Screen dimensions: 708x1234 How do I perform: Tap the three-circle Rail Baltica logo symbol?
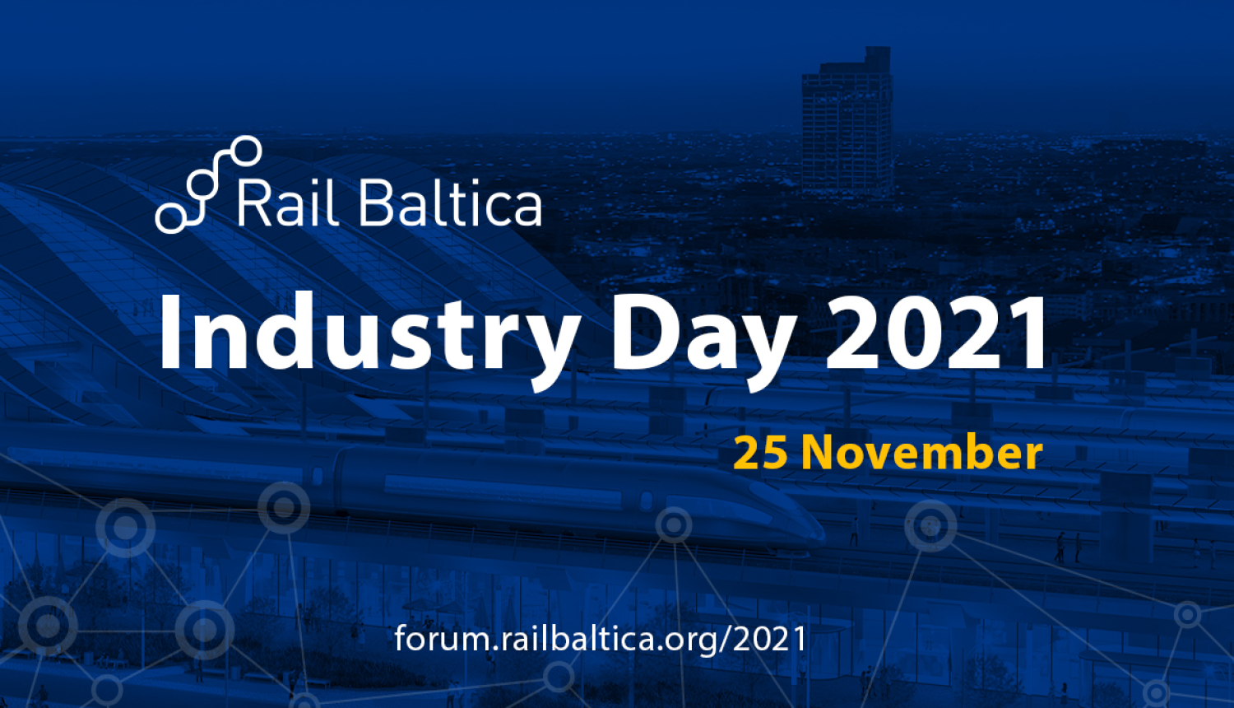click(x=208, y=184)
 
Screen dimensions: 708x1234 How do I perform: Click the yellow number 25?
click(x=760, y=452)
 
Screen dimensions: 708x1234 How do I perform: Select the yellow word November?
click(x=922, y=452)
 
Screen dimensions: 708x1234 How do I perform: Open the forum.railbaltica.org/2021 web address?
click(x=600, y=638)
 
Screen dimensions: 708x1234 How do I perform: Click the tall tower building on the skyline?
click(x=847, y=123)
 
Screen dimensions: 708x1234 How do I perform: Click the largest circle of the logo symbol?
click(x=245, y=151)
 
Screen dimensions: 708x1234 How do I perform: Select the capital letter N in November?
click(x=823, y=452)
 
